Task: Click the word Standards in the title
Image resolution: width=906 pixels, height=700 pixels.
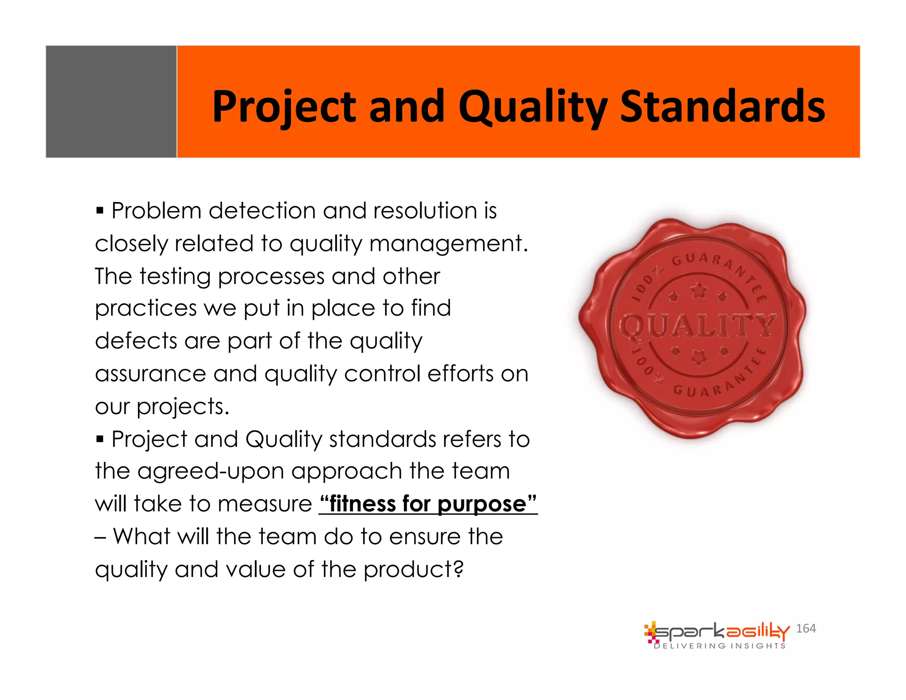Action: coord(722,106)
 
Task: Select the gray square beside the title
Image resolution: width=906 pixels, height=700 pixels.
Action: coord(111,101)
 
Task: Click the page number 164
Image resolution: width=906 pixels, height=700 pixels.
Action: coord(806,628)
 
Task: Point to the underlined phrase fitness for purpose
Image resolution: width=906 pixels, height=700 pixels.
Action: coord(428,504)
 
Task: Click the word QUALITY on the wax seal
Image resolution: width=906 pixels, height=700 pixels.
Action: coord(697,326)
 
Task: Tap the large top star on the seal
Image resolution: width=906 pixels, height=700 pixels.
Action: coord(699,291)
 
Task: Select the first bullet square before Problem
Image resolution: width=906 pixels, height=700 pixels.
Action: coord(100,210)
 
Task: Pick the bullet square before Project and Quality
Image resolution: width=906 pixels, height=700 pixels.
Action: coord(100,439)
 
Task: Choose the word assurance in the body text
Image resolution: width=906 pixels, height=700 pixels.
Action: coord(150,374)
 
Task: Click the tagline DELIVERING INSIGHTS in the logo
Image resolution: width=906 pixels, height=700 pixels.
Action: coord(720,646)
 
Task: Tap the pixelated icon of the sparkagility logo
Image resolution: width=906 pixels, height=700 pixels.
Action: coord(650,632)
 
